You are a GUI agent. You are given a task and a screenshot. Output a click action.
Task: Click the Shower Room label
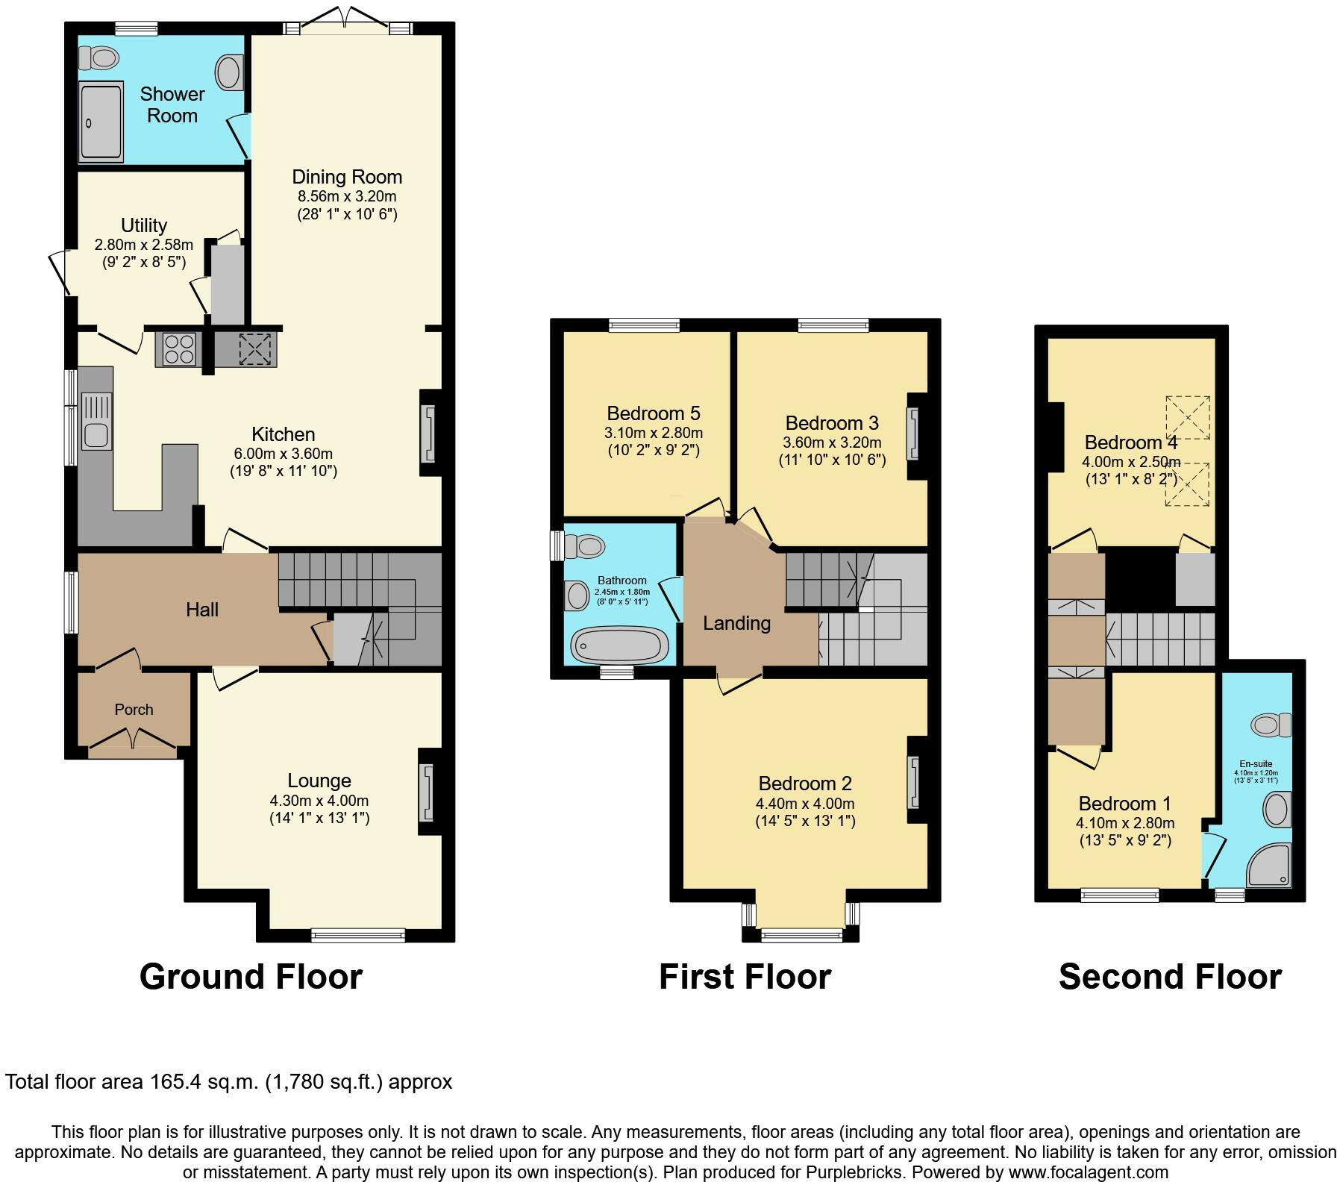tap(172, 104)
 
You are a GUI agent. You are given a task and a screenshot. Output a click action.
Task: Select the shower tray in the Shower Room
tap(100, 122)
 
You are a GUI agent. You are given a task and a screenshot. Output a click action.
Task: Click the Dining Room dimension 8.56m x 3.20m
tap(347, 197)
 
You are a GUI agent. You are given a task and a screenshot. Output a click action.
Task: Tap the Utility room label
tap(144, 225)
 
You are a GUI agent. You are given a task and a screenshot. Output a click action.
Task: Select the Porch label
tap(134, 710)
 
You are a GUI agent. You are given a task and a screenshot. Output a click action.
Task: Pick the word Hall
tap(202, 610)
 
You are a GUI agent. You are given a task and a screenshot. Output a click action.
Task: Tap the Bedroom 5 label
tap(654, 413)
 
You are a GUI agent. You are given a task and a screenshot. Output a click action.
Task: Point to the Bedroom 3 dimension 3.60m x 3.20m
tap(833, 443)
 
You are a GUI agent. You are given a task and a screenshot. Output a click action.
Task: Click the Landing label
tap(737, 624)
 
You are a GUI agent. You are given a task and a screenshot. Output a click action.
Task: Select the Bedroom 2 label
tap(805, 784)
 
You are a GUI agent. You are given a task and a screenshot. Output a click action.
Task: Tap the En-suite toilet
tap(1272, 724)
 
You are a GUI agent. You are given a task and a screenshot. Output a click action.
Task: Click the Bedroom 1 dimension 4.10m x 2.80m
tap(1125, 823)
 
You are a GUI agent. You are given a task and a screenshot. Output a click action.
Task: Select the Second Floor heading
tap(1170, 977)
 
